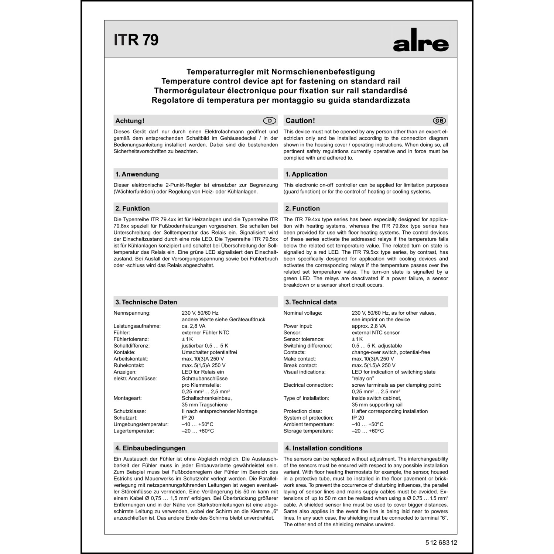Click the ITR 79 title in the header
136,40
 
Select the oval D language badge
270,121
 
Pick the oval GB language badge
440,121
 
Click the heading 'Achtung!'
130,121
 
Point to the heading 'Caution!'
300,121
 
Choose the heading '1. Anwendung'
137,174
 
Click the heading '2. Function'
302,208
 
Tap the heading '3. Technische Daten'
146,302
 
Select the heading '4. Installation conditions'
324,448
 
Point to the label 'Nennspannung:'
132,313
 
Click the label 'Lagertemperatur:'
134,431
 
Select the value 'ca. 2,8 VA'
194,326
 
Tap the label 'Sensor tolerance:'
304,339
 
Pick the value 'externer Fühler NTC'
205,332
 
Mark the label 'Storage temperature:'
308,431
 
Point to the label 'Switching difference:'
308,346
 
